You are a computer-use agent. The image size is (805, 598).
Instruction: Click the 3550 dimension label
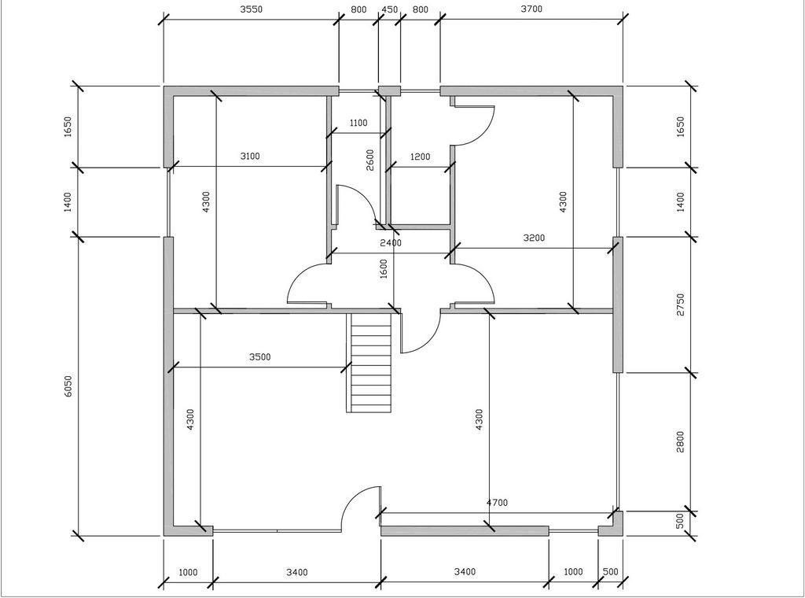[251, 9]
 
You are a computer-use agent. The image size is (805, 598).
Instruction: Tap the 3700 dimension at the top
[531, 9]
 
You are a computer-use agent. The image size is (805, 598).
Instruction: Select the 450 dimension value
[390, 9]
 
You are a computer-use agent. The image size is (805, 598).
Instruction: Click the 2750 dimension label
[681, 305]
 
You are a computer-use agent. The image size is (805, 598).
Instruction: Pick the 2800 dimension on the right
[681, 442]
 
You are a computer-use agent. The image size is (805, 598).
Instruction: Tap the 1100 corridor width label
[358, 123]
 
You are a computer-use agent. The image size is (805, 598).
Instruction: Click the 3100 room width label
[250, 156]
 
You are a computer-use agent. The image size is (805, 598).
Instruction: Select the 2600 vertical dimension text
[370, 160]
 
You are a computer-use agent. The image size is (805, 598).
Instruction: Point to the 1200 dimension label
[420, 157]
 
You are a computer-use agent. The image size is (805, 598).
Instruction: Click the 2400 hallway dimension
[391, 242]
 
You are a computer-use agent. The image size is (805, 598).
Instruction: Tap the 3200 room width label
[534, 238]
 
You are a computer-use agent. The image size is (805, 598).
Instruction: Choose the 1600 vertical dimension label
[384, 268]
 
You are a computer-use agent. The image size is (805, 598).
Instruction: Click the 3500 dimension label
[259, 357]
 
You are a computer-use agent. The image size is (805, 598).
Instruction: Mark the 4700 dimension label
[497, 503]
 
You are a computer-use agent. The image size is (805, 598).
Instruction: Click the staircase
[372, 363]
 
